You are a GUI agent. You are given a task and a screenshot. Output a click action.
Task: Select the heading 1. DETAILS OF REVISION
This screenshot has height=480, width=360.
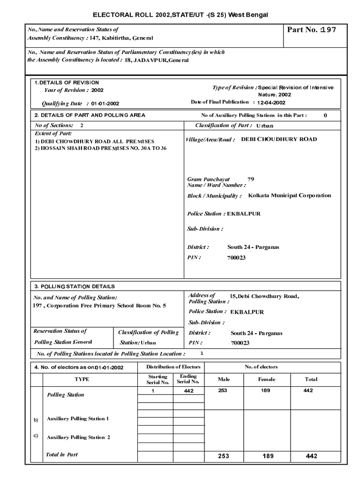click(x=66, y=82)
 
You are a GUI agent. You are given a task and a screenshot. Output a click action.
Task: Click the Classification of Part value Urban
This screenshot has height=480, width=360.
click(x=265, y=126)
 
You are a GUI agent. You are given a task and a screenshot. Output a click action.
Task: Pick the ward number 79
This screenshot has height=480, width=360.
click(x=250, y=179)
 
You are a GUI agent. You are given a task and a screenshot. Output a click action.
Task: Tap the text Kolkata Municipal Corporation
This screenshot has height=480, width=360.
click(x=289, y=195)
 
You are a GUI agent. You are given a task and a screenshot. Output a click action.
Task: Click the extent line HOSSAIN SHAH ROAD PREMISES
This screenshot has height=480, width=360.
click(x=100, y=148)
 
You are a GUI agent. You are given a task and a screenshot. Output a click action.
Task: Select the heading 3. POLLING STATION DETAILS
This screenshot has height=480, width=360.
click(x=74, y=286)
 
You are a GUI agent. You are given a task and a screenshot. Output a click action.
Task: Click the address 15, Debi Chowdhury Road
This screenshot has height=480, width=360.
click(x=264, y=296)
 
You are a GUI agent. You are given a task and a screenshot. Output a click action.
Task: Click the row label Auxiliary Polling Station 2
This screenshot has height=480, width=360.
click(x=78, y=437)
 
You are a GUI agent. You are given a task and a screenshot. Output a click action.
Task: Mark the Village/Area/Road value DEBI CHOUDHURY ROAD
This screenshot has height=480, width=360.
click(x=278, y=139)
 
